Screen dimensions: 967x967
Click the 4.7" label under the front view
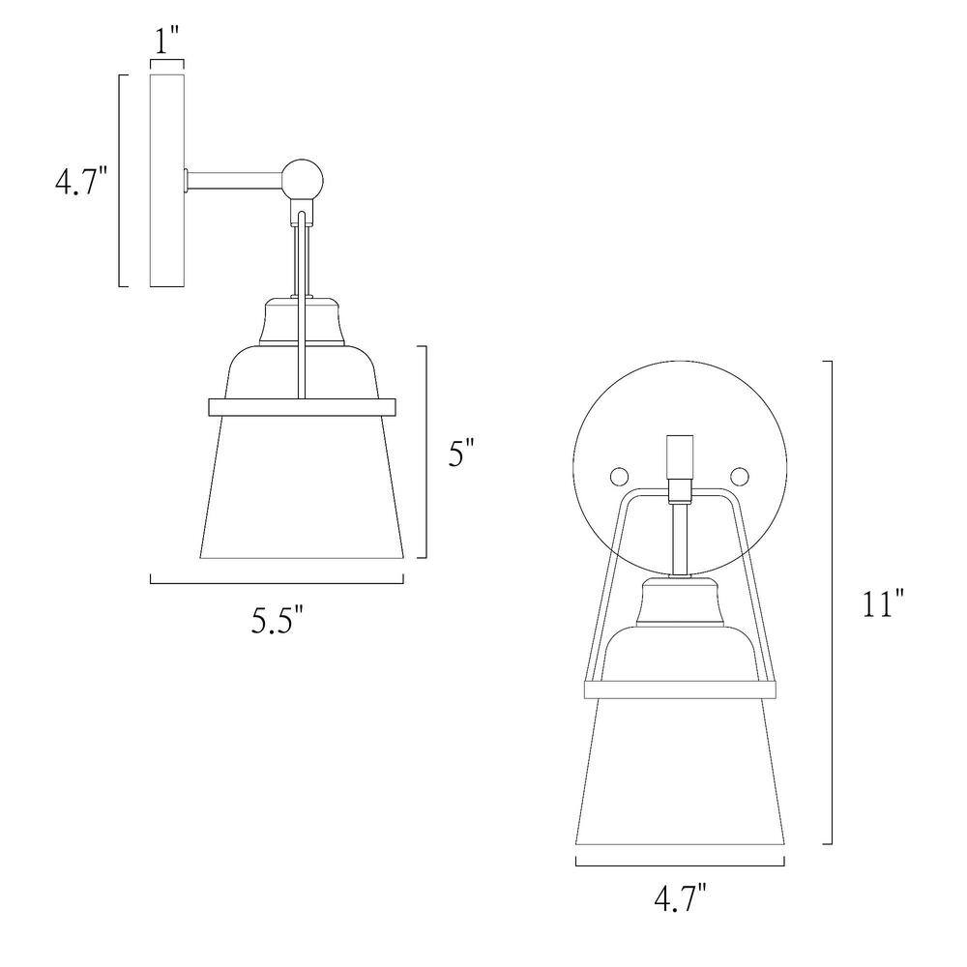pyautogui.click(x=680, y=898)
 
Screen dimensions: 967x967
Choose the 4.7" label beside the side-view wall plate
pyautogui.click(x=81, y=181)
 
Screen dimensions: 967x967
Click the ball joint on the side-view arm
pyautogui.click(x=302, y=180)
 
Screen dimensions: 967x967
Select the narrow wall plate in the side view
pyautogui.click(x=167, y=181)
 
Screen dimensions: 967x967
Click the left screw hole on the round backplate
pyautogui.click(x=619, y=476)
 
